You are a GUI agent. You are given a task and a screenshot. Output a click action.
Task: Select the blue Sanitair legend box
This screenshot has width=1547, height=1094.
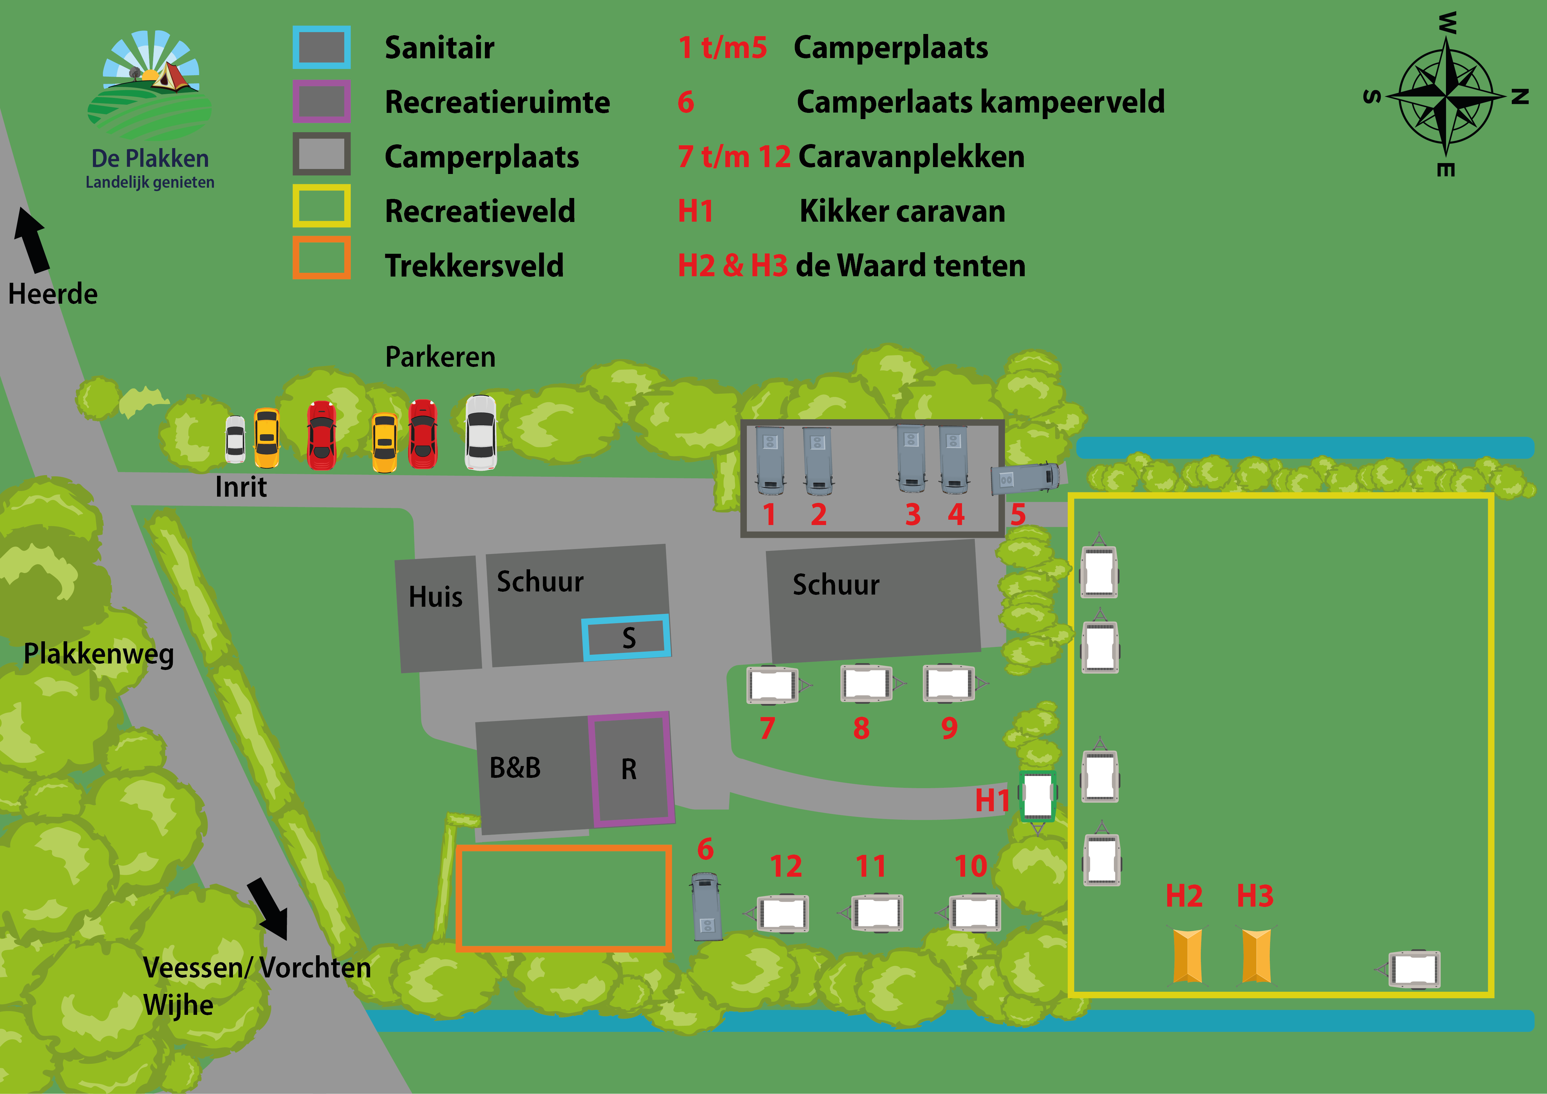[321, 47]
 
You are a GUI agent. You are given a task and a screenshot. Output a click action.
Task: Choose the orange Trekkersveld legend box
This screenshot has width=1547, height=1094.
[321, 257]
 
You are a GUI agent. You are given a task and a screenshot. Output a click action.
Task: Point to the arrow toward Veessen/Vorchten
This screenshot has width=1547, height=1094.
[268, 908]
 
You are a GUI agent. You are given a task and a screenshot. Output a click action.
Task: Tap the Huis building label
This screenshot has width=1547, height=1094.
[435, 597]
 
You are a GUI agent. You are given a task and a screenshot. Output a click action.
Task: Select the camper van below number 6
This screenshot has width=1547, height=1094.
[707, 907]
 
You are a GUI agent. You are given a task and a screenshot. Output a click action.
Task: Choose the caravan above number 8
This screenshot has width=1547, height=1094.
[867, 684]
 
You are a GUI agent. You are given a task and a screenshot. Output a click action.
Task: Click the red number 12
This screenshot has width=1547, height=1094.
[786, 866]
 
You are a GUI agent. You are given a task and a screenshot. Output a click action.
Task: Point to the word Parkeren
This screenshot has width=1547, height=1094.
[440, 357]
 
